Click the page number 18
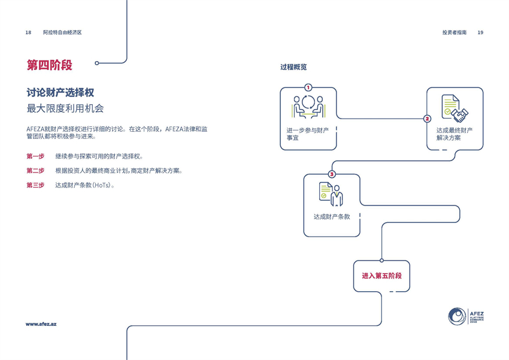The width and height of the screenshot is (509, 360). pos(28,32)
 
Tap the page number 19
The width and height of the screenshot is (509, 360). pos(480,32)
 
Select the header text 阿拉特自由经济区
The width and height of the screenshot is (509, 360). pos(62,32)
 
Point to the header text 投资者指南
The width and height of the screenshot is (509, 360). pos(454,32)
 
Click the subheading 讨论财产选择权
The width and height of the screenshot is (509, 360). pos(60,93)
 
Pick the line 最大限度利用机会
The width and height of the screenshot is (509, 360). pos(65,108)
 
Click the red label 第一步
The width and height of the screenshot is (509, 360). pos(35,156)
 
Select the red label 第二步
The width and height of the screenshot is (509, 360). pos(35,171)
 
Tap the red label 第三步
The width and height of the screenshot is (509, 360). pos(35,185)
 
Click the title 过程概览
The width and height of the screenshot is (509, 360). pos(293,67)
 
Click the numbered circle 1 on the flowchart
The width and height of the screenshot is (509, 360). pos(308,87)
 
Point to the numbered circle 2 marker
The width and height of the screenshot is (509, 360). pos(427,119)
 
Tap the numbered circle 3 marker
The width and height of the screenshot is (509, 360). pos(332,174)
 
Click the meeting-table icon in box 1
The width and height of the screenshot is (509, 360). pos(308,108)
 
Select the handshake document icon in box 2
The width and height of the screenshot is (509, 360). pos(455,108)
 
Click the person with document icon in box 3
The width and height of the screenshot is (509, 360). pos(331,194)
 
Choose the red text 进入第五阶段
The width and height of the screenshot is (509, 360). pos(381,276)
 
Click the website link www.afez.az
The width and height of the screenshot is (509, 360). pos(41,323)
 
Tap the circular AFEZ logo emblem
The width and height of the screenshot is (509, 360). pos(457,316)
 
